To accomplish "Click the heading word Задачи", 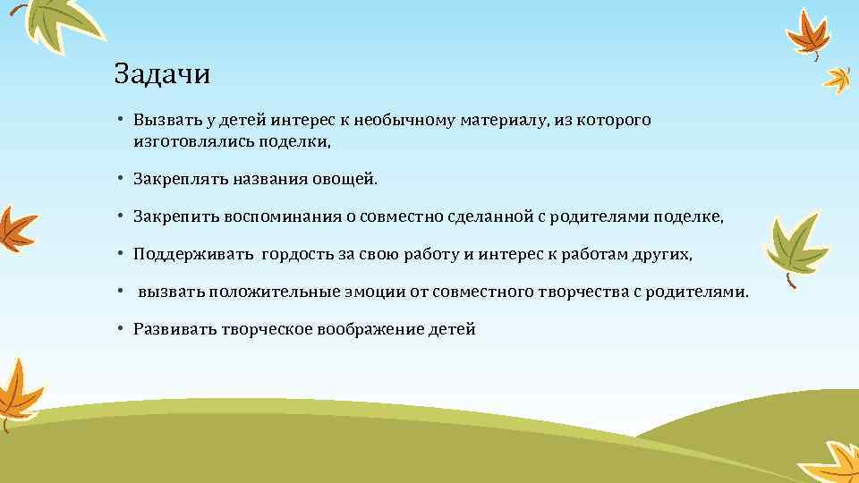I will coord(162,74).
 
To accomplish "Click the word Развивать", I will coord(173,330).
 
